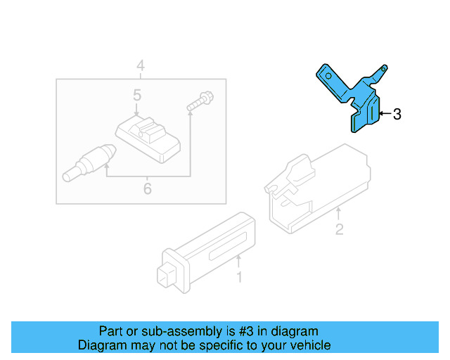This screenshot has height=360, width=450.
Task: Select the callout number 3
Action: click(397, 114)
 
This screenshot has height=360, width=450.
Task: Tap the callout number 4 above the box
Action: click(141, 66)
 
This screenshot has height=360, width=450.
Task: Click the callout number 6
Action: click(147, 188)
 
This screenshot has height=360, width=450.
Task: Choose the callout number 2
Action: click(339, 229)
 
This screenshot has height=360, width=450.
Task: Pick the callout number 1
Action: click(239, 278)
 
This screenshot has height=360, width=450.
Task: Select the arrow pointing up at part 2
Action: click(339, 212)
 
